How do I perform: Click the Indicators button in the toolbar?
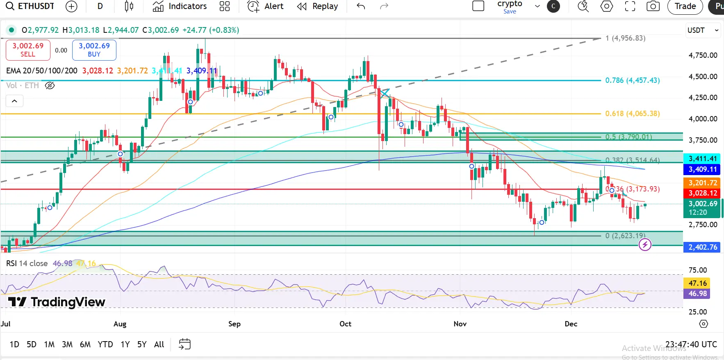[x=180, y=6]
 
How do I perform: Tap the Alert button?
[x=266, y=6]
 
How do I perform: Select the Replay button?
[x=318, y=6]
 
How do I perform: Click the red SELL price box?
[x=28, y=50]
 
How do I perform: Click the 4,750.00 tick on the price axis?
[x=703, y=55]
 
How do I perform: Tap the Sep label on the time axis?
[x=235, y=324]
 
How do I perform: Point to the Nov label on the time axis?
[x=460, y=324]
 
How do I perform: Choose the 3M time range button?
[x=67, y=344]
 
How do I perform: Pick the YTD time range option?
[x=105, y=344]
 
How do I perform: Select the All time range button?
[x=159, y=344]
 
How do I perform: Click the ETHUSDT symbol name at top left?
[x=36, y=6]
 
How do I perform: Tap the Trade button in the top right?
[x=685, y=6]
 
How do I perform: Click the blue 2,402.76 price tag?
[x=702, y=247]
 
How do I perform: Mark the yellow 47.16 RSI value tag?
[x=697, y=283]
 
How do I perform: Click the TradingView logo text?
[x=57, y=302]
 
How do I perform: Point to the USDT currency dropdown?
[x=703, y=30]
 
